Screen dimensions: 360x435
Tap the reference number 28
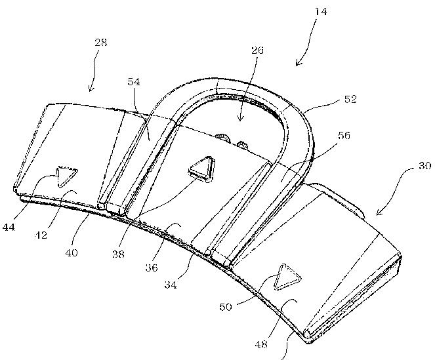click(x=101, y=42)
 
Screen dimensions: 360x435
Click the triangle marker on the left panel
click(x=66, y=176)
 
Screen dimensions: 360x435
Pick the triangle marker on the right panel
click(x=287, y=277)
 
